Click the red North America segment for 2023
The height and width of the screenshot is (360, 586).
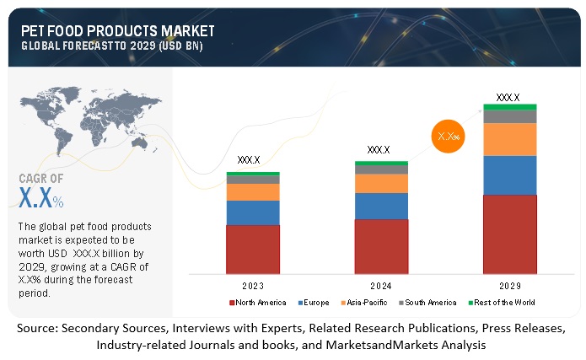coord(253,249)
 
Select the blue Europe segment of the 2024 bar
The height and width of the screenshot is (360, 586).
coord(381,206)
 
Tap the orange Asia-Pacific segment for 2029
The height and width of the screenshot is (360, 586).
coord(509,139)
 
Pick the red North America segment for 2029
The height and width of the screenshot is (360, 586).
coord(509,234)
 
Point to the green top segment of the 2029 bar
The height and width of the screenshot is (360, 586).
coord(509,107)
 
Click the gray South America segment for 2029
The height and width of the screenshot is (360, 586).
coord(509,116)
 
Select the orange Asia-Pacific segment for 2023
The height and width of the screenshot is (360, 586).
coord(253,192)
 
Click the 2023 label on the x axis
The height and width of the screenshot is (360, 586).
coord(253,284)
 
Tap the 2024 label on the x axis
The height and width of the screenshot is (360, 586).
coord(381,284)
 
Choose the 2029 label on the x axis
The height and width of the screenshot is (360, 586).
coord(509,284)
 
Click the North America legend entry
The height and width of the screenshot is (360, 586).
coord(257,302)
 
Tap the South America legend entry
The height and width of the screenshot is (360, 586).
coord(431,302)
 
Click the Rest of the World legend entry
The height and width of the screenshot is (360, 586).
coord(502,302)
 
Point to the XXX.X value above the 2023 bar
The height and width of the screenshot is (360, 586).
coord(249,159)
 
